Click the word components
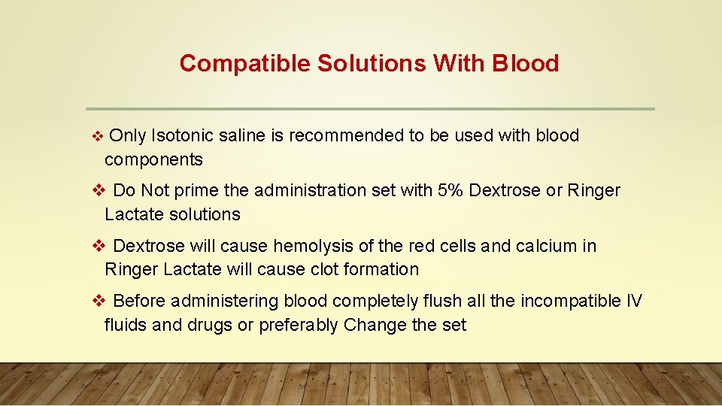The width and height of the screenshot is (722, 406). tap(153, 159)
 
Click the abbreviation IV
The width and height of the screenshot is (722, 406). tap(634, 301)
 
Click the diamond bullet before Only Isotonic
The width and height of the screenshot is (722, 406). tap(96, 137)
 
